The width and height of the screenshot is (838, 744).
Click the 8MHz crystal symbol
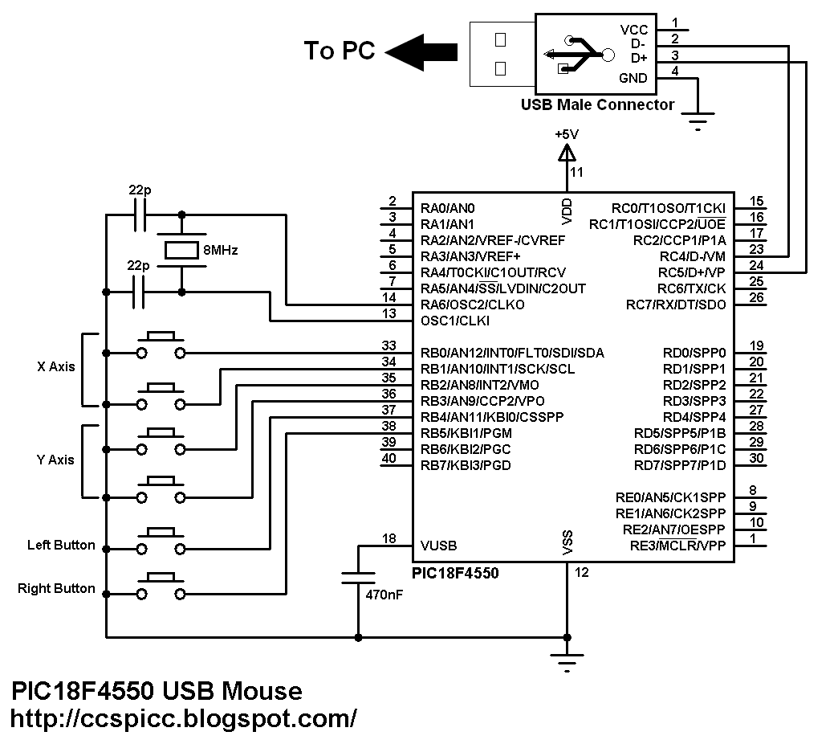click(x=181, y=251)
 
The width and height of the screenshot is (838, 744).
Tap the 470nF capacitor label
click(x=384, y=595)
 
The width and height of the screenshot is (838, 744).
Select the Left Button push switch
click(x=161, y=541)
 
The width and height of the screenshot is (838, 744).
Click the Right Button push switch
click(x=161, y=586)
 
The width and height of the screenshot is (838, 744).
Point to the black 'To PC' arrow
click(x=421, y=52)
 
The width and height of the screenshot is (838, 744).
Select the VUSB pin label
click(x=438, y=546)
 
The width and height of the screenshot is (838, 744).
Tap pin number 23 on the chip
click(x=756, y=249)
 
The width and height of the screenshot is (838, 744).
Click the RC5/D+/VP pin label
click(x=692, y=272)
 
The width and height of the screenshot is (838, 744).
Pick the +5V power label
click(x=567, y=134)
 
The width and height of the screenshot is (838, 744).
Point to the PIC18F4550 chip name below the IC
click(x=455, y=574)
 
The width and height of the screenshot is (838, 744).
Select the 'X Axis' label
click(x=56, y=367)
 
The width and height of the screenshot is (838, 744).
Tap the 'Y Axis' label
click(x=55, y=460)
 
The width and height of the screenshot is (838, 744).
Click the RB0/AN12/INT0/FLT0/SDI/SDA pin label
click(x=512, y=353)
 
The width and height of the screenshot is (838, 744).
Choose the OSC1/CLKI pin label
click(x=455, y=321)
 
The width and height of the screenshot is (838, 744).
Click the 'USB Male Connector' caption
click(x=597, y=104)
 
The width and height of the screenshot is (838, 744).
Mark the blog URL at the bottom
click(x=183, y=719)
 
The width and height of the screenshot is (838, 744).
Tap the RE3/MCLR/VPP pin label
click(x=677, y=546)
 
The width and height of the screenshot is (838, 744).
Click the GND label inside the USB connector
click(x=633, y=78)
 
